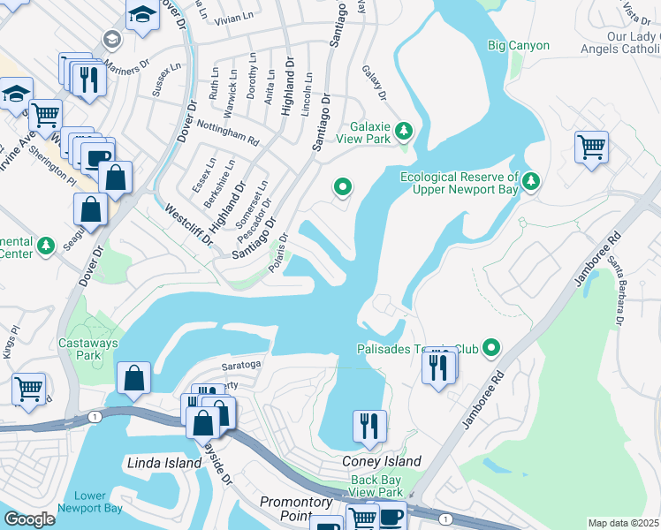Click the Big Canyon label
click(518, 45)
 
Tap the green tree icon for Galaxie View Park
click(404, 132)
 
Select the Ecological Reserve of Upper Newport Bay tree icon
click(530, 182)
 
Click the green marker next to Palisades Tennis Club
click(493, 349)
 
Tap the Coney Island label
click(381, 462)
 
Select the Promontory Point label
click(296, 508)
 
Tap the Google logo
click(30, 519)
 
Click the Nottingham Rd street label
click(227, 133)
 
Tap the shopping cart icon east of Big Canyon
click(591, 147)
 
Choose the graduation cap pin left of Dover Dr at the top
click(141, 15)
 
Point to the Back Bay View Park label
click(376, 486)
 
